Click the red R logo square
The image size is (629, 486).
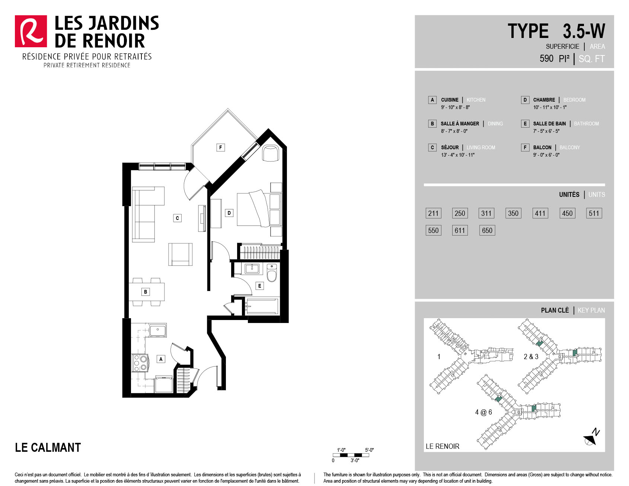point(31,31)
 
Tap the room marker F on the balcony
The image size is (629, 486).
point(221,147)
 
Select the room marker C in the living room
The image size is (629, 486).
point(177,218)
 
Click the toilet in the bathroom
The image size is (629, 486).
point(272,273)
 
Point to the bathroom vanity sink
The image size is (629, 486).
point(252,268)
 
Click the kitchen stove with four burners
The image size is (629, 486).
point(140,363)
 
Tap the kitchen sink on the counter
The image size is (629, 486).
point(158,330)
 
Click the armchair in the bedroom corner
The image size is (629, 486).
point(271,153)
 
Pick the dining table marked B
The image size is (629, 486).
point(147,292)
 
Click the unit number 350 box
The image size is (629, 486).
point(513,213)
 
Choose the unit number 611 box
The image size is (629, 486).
point(460,230)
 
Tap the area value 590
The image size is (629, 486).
point(546,58)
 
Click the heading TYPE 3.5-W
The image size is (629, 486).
point(556,31)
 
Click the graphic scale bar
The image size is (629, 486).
point(351,455)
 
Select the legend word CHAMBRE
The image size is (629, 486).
point(544,100)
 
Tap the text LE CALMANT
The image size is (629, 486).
point(48,447)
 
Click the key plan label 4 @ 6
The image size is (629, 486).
point(483,412)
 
